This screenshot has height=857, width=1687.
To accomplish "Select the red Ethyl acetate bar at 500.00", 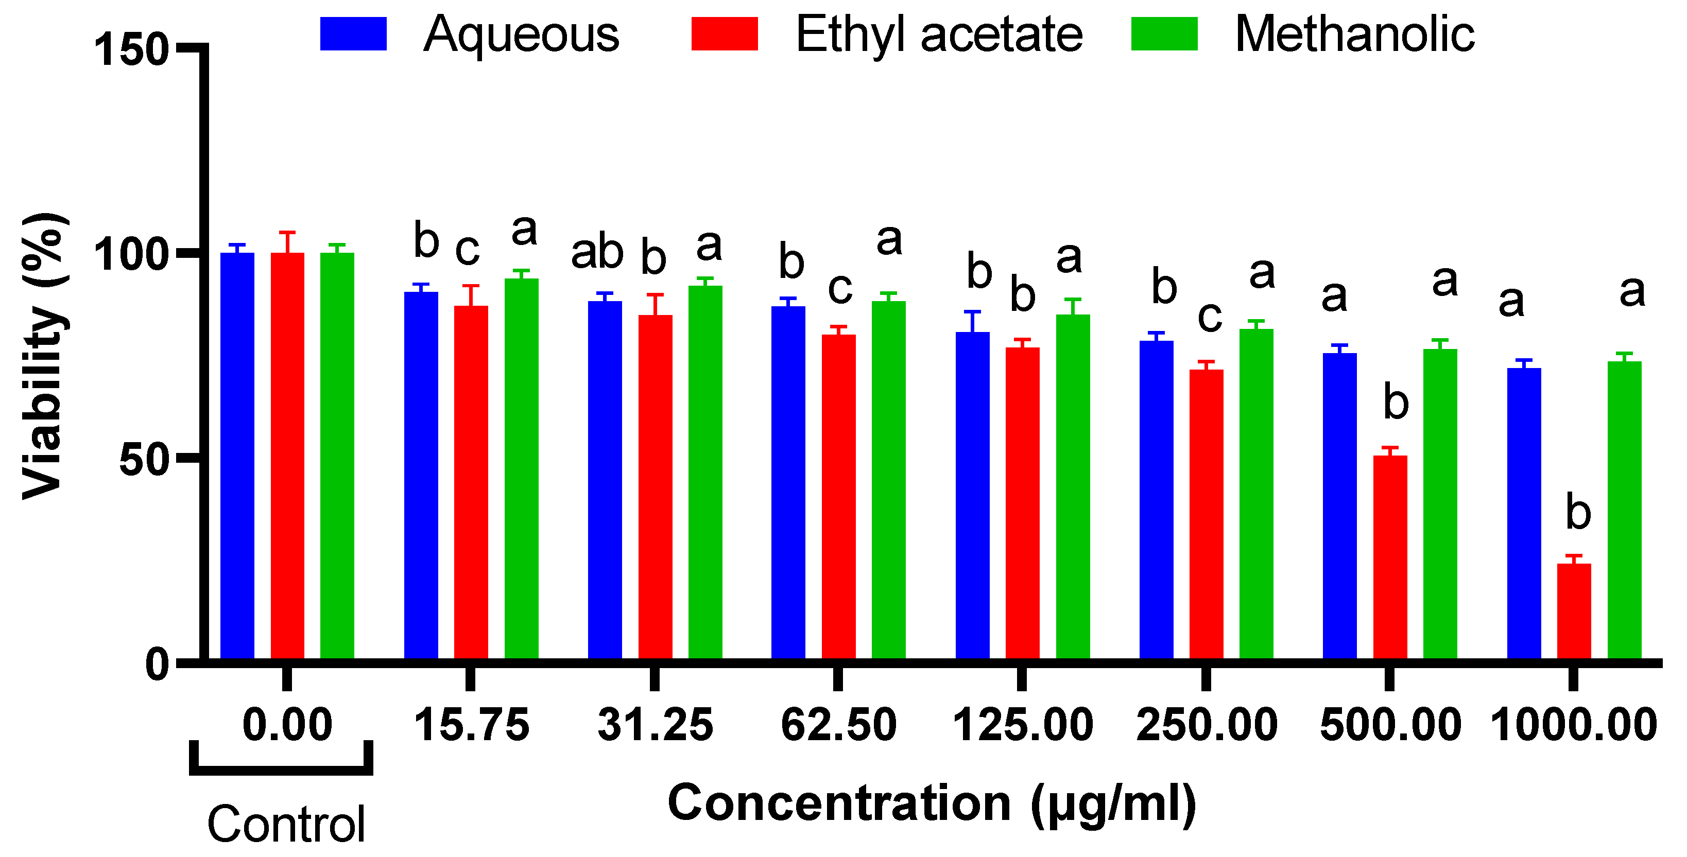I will [x=1390, y=556].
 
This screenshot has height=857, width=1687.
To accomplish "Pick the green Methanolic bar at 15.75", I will [x=521, y=468].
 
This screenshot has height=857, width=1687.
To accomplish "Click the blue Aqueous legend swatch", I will [x=353, y=34].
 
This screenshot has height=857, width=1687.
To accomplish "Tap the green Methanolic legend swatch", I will [x=1164, y=34].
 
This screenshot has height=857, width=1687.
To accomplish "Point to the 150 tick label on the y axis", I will [x=131, y=50].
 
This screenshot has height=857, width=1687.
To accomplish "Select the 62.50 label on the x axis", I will [x=838, y=725].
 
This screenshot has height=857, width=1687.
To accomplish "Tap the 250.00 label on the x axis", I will [x=1207, y=725].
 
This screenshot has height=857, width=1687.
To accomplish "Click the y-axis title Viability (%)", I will [x=44, y=357].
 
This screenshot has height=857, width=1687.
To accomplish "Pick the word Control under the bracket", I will [x=286, y=825].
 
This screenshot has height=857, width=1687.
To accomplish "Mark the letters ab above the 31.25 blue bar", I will [x=597, y=253].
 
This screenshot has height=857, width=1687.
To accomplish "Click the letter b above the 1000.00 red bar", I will [x=1578, y=513].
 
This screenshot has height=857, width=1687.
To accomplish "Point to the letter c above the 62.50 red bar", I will [x=839, y=288].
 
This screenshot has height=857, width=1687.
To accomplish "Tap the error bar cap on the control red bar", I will [x=287, y=233].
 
